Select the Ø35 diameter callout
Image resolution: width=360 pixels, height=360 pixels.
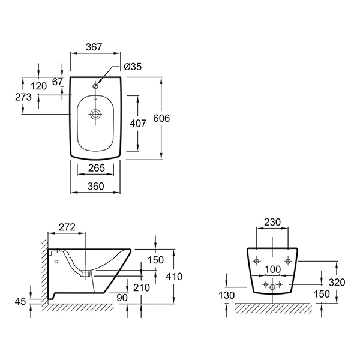pos(132,67)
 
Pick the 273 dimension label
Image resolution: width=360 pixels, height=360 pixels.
pos(11,95)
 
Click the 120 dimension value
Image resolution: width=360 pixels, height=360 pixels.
pos(38,86)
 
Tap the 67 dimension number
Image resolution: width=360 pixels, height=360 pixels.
pos(58,82)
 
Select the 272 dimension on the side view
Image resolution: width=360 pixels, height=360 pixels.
pos(66,227)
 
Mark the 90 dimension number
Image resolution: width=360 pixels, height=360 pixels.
pos(122,297)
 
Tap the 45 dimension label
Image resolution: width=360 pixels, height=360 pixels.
pos(20,301)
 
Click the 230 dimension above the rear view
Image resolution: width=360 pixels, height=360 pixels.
pos(272,222)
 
